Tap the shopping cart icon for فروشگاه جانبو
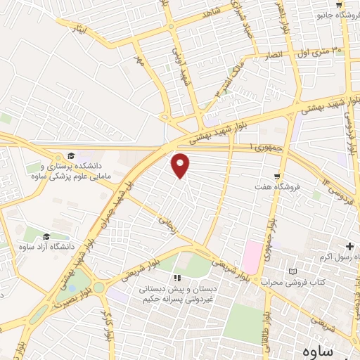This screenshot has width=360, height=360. (x=339, y=5)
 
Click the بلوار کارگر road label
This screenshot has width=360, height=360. (x=106, y=317)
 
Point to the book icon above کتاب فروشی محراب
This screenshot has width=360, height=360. (x=293, y=271)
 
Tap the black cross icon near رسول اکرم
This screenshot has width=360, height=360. (x=349, y=246)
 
